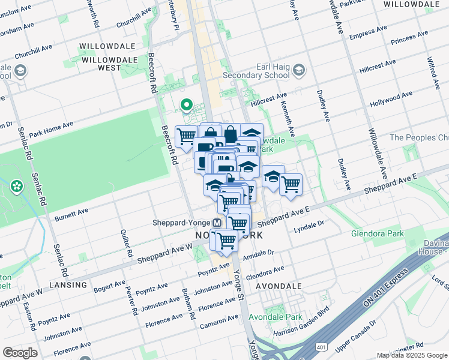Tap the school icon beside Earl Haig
click(299, 70)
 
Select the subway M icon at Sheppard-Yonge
click(217, 222)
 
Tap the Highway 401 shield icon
click(322, 346)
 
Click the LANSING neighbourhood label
click(68, 284)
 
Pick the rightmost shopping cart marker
click(291, 185)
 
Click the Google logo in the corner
click(20, 353)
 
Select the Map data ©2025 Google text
click(412, 355)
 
